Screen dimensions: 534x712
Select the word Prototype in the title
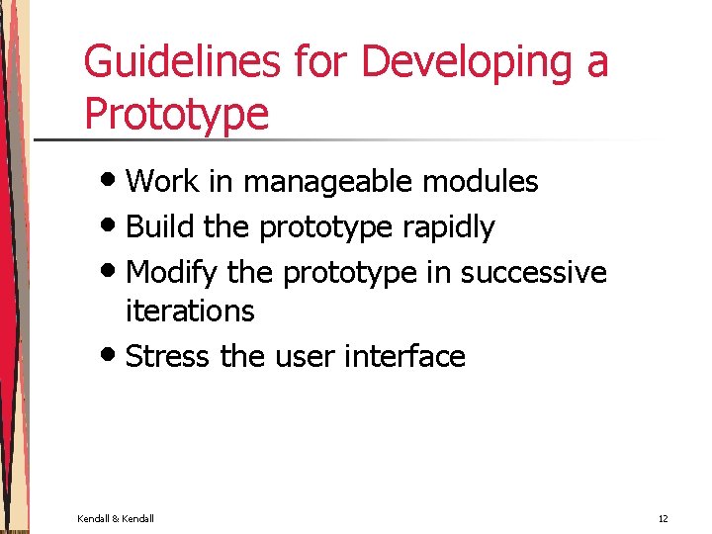tap(176, 114)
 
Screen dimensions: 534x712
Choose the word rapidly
tap(449, 227)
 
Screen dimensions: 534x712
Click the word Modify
tap(172, 272)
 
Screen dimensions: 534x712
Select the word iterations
tap(190, 311)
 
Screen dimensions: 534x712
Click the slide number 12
tap(663, 519)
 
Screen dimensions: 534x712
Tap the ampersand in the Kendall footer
tap(115, 519)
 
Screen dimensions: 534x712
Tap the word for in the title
tap(324, 62)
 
